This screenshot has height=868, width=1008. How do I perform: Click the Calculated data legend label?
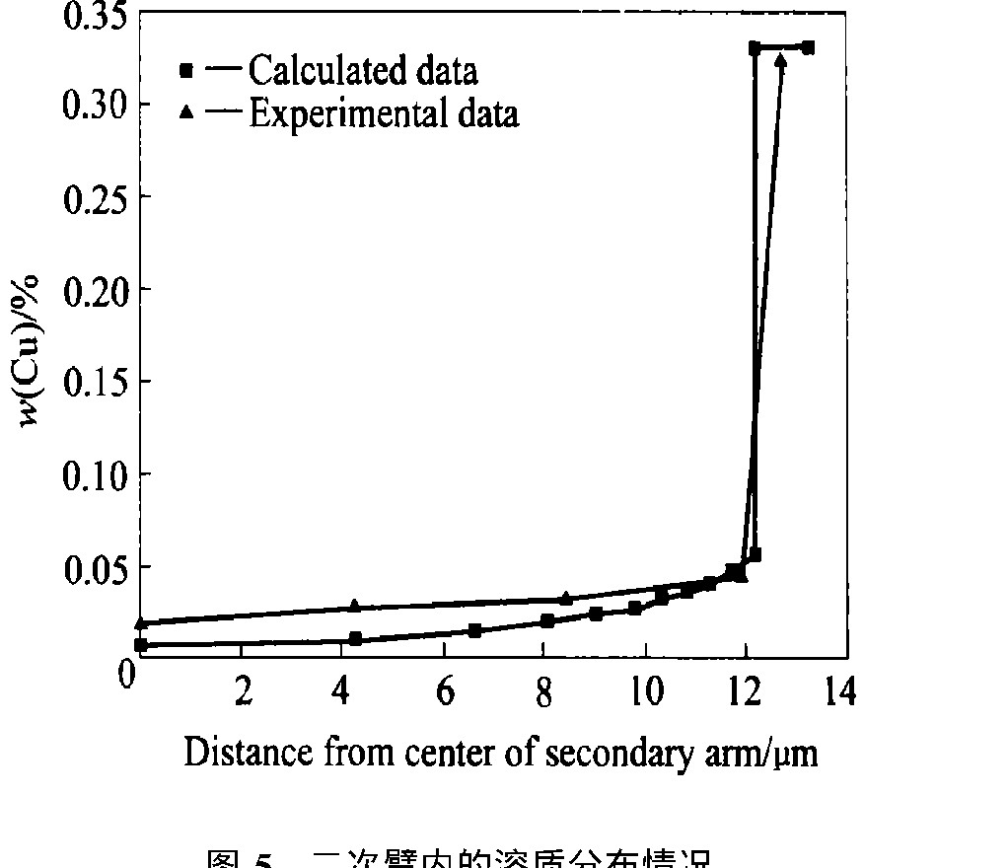click(x=363, y=71)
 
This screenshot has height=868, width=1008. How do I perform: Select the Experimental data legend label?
click(x=384, y=113)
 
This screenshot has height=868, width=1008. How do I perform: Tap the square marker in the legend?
click(x=185, y=71)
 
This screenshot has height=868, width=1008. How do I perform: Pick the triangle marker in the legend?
click(x=185, y=113)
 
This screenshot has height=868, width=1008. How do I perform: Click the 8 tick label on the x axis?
click(x=543, y=692)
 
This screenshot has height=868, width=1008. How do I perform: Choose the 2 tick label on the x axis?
click(x=243, y=692)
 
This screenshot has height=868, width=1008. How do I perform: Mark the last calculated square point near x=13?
click(x=808, y=47)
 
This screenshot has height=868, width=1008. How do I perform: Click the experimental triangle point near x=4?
click(x=355, y=607)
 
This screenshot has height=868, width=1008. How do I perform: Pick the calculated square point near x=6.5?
click(x=475, y=630)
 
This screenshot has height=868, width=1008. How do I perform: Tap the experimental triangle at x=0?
click(x=141, y=622)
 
